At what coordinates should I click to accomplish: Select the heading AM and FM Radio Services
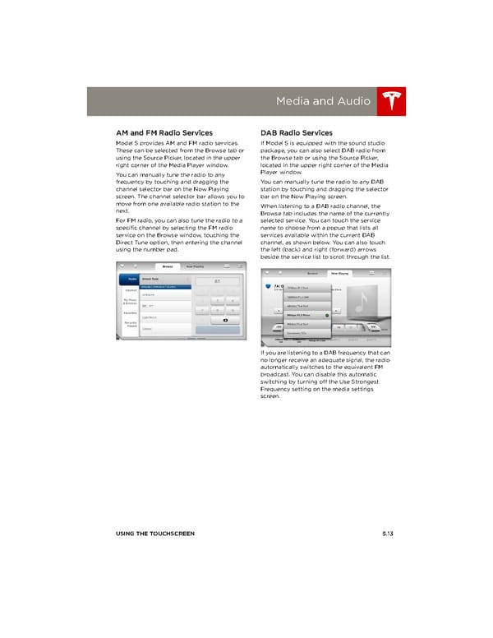pos(164,132)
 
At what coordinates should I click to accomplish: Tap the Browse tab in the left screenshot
pos(168,266)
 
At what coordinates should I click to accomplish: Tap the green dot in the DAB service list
pos(327,314)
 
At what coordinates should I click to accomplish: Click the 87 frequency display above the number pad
pos(216,280)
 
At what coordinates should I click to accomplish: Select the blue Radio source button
pos(130,280)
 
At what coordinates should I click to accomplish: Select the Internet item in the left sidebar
pos(129,290)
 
